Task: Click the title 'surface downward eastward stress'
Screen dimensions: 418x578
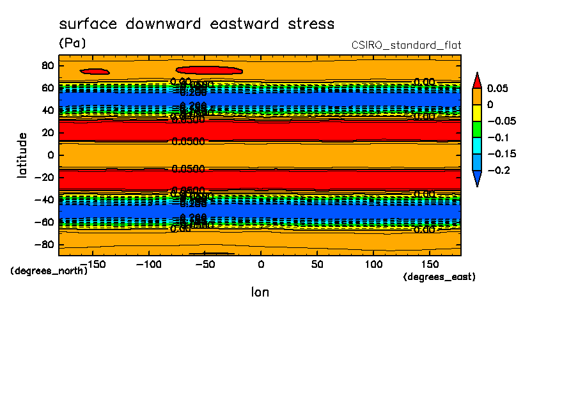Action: point(196,24)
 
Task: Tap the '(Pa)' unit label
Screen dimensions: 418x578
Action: point(72,43)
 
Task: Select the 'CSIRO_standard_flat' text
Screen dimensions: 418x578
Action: point(406,45)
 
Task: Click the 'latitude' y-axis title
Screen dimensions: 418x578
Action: point(22,155)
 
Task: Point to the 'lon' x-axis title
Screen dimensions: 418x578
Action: point(260,292)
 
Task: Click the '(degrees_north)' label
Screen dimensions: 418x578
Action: point(49,270)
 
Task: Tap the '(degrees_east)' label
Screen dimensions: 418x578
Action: point(439,277)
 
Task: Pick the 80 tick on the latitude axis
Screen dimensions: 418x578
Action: point(47,65)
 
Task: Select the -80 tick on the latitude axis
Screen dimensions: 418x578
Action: point(43,245)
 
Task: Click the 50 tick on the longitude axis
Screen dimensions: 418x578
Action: point(317,263)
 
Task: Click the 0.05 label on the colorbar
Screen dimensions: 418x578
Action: point(497,88)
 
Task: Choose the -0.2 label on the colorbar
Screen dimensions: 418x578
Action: point(497,171)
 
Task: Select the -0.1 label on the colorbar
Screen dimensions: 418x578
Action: point(497,137)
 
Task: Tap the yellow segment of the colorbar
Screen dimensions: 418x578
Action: point(476,112)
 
